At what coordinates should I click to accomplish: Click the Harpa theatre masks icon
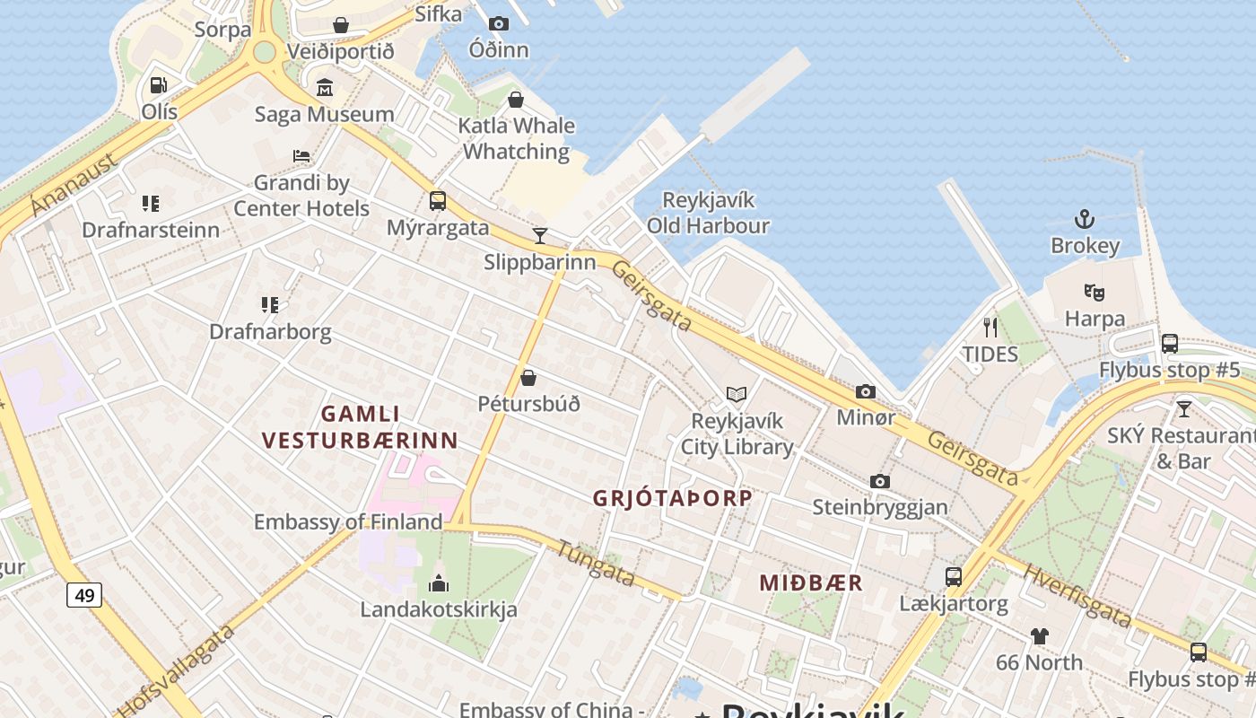click(1094, 292)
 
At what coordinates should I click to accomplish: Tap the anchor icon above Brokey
click(1085, 219)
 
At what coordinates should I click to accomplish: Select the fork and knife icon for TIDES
click(990, 328)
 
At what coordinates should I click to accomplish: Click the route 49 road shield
click(83, 594)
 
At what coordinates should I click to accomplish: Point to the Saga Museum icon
click(324, 88)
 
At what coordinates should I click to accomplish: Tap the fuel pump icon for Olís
click(159, 85)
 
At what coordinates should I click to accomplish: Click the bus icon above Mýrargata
click(438, 201)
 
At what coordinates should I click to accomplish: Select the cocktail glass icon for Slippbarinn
click(539, 236)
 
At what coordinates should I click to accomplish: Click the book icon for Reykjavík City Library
click(737, 394)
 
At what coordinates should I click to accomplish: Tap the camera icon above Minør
click(865, 391)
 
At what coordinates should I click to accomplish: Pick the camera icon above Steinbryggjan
click(879, 481)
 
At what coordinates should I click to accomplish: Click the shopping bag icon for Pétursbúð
click(528, 378)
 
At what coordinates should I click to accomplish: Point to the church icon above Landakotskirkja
click(439, 583)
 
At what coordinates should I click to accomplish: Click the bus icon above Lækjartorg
click(953, 577)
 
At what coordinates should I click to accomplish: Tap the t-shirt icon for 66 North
click(1039, 636)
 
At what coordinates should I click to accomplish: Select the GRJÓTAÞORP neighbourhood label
click(673, 499)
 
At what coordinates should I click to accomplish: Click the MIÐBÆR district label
click(811, 582)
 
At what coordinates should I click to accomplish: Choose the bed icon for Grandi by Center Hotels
click(301, 156)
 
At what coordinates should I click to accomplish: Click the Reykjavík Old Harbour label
click(708, 213)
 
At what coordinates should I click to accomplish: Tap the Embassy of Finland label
click(348, 521)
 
